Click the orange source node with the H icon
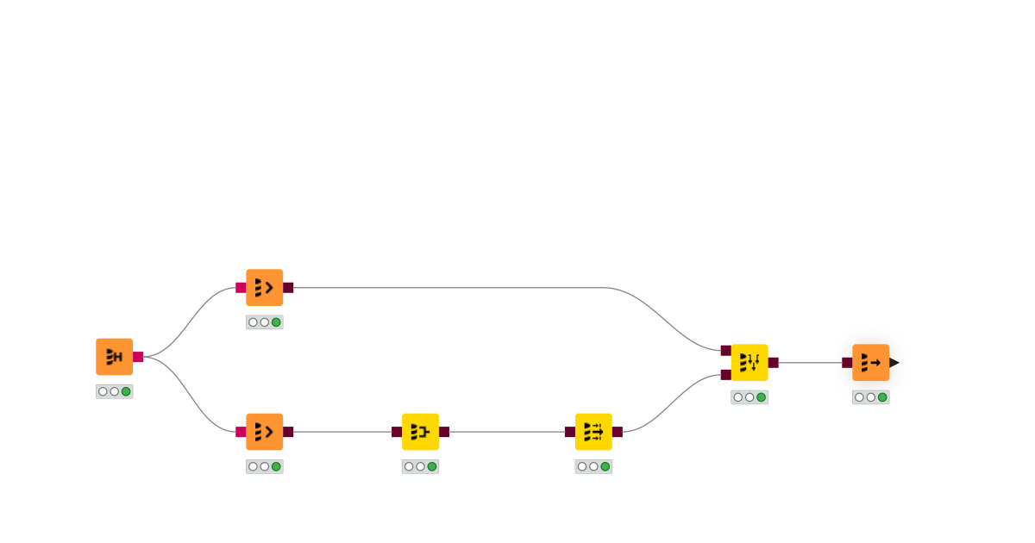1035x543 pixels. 114,357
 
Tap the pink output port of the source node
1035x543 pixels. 138,357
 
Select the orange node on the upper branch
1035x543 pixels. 264,288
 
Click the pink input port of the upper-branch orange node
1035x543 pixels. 241,288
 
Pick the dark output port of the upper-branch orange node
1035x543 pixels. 288,288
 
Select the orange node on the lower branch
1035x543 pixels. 264,432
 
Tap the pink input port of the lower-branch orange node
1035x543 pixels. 241,432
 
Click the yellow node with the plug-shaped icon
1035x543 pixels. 420,432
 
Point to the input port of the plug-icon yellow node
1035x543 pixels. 397,432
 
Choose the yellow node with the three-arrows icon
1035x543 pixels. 593,432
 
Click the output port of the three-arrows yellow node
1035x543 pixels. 618,432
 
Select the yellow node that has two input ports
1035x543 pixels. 750,363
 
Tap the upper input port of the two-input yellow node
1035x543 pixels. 726,351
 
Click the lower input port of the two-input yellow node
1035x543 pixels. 726,375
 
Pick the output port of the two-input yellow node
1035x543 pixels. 774,363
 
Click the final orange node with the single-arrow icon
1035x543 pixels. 870,363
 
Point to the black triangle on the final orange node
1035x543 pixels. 894,363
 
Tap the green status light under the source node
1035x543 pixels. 126,391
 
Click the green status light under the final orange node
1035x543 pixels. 882,397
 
